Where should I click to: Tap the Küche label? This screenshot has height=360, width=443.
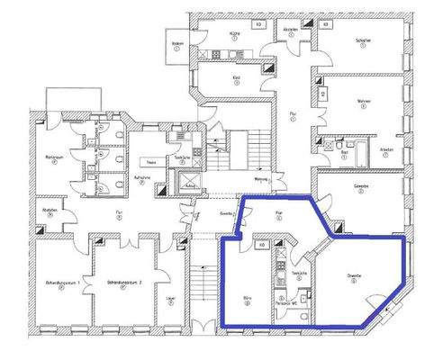[234, 33]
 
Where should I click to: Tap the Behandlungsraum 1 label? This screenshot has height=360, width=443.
[64, 283]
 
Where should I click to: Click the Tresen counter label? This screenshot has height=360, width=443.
[153, 163]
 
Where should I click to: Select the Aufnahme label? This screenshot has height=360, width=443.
[141, 180]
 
